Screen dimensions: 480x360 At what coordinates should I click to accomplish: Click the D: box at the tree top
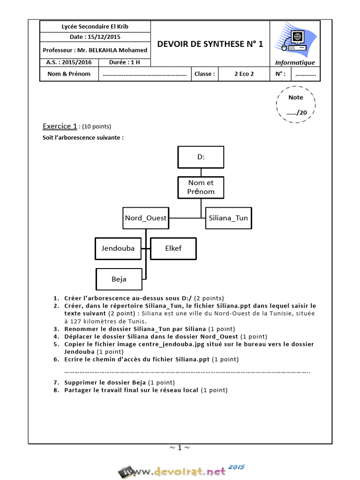coord(201,157)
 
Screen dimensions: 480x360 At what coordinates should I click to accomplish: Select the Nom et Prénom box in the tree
coord(201,187)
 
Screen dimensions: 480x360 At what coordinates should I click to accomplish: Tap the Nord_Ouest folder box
coord(145,218)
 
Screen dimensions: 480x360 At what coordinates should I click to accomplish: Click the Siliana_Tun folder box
coord(228,218)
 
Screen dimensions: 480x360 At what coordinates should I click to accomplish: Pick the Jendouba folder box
coord(118,248)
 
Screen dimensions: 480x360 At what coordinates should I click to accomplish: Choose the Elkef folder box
coord(173,248)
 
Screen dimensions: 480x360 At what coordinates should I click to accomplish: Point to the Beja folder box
coord(119,279)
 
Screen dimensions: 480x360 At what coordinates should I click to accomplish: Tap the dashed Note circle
coord(295,105)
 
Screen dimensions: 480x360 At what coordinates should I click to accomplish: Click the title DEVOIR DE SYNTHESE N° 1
coord(210,44)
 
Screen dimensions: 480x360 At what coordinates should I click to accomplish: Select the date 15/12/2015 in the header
coord(95,37)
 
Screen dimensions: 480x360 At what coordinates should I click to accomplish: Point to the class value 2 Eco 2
coord(244,74)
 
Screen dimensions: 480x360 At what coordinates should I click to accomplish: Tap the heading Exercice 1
coord(60,126)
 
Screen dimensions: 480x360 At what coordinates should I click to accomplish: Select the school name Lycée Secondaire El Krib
coord(95,26)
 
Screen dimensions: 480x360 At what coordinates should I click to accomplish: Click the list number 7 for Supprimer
coord(56,382)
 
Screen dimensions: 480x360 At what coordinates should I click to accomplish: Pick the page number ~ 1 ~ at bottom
coord(180,448)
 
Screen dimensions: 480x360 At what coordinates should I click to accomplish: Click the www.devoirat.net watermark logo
coord(180,470)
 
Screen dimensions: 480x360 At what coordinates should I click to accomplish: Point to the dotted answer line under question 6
coord(187,371)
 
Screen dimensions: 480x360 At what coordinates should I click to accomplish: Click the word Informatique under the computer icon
coord(295,63)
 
